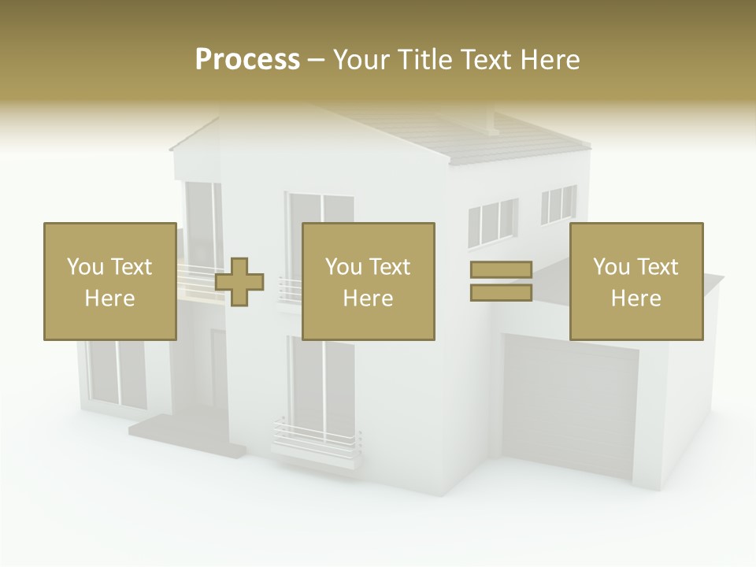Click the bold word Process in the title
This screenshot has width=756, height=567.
(247, 60)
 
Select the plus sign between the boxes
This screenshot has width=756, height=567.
(239, 282)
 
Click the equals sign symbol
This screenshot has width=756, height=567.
(502, 281)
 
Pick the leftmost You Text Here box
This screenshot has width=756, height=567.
(110, 281)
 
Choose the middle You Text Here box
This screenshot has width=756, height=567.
(369, 281)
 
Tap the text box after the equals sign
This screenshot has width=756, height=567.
(636, 281)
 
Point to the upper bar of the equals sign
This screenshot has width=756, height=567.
(502, 270)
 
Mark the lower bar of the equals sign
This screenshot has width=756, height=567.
(502, 292)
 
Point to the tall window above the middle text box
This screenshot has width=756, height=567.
(321, 208)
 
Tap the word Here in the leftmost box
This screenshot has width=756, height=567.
(110, 298)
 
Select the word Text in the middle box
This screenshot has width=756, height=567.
(389, 267)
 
